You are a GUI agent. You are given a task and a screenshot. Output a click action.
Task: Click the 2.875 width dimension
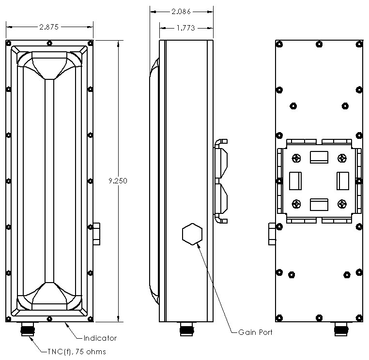pyautogui.click(x=49, y=27)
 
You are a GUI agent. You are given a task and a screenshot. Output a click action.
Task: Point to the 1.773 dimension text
pyautogui.click(x=184, y=28)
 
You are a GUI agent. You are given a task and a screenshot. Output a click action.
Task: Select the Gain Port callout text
pyautogui.click(x=255, y=332)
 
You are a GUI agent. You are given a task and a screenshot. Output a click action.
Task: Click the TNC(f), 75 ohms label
pyautogui.click(x=76, y=351)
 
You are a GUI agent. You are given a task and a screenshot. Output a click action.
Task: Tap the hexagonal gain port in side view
pyautogui.click(x=192, y=234)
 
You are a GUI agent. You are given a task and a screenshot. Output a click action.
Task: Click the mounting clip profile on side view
pyautogui.click(x=220, y=180)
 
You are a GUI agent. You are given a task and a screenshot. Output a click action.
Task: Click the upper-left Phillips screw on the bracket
pyautogui.click(x=295, y=158)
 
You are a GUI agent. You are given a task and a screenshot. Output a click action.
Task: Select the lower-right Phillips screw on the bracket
pyautogui.click(x=342, y=204)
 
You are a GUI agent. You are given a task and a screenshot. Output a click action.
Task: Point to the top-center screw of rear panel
pyautogui.click(x=318, y=45)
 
